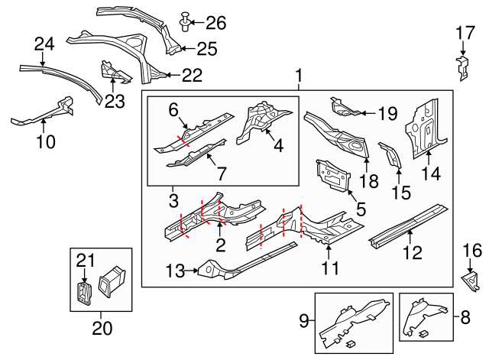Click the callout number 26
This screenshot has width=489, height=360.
(x=216, y=23)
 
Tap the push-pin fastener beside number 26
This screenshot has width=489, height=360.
(x=184, y=22)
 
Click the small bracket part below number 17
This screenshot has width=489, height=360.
(x=462, y=67)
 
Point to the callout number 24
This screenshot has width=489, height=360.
(x=45, y=45)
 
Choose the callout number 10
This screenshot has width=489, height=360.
(x=46, y=141)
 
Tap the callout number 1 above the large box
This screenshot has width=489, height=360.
(x=298, y=76)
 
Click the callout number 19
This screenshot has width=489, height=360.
(x=387, y=114)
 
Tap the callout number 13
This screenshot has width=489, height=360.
(x=175, y=269)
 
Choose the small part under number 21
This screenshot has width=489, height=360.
(x=84, y=293)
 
